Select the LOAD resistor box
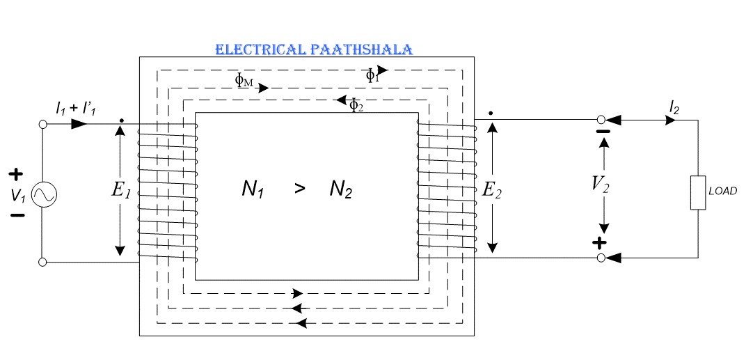[x=698, y=193]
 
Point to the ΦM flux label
[x=244, y=81]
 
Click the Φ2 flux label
[x=355, y=106]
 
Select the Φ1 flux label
[x=373, y=76]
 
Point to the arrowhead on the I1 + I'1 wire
[x=79, y=124]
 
